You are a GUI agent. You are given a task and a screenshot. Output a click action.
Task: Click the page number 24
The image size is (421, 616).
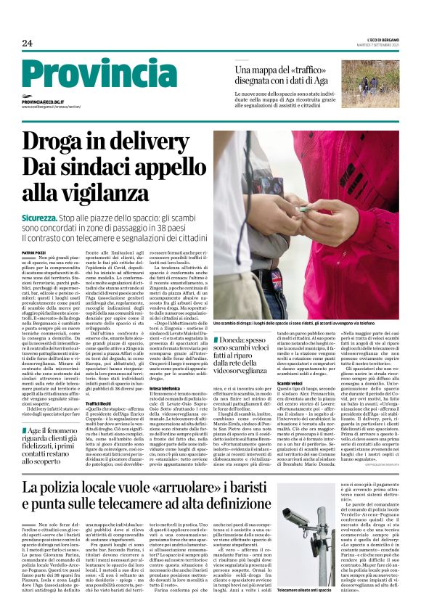[27, 43]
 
